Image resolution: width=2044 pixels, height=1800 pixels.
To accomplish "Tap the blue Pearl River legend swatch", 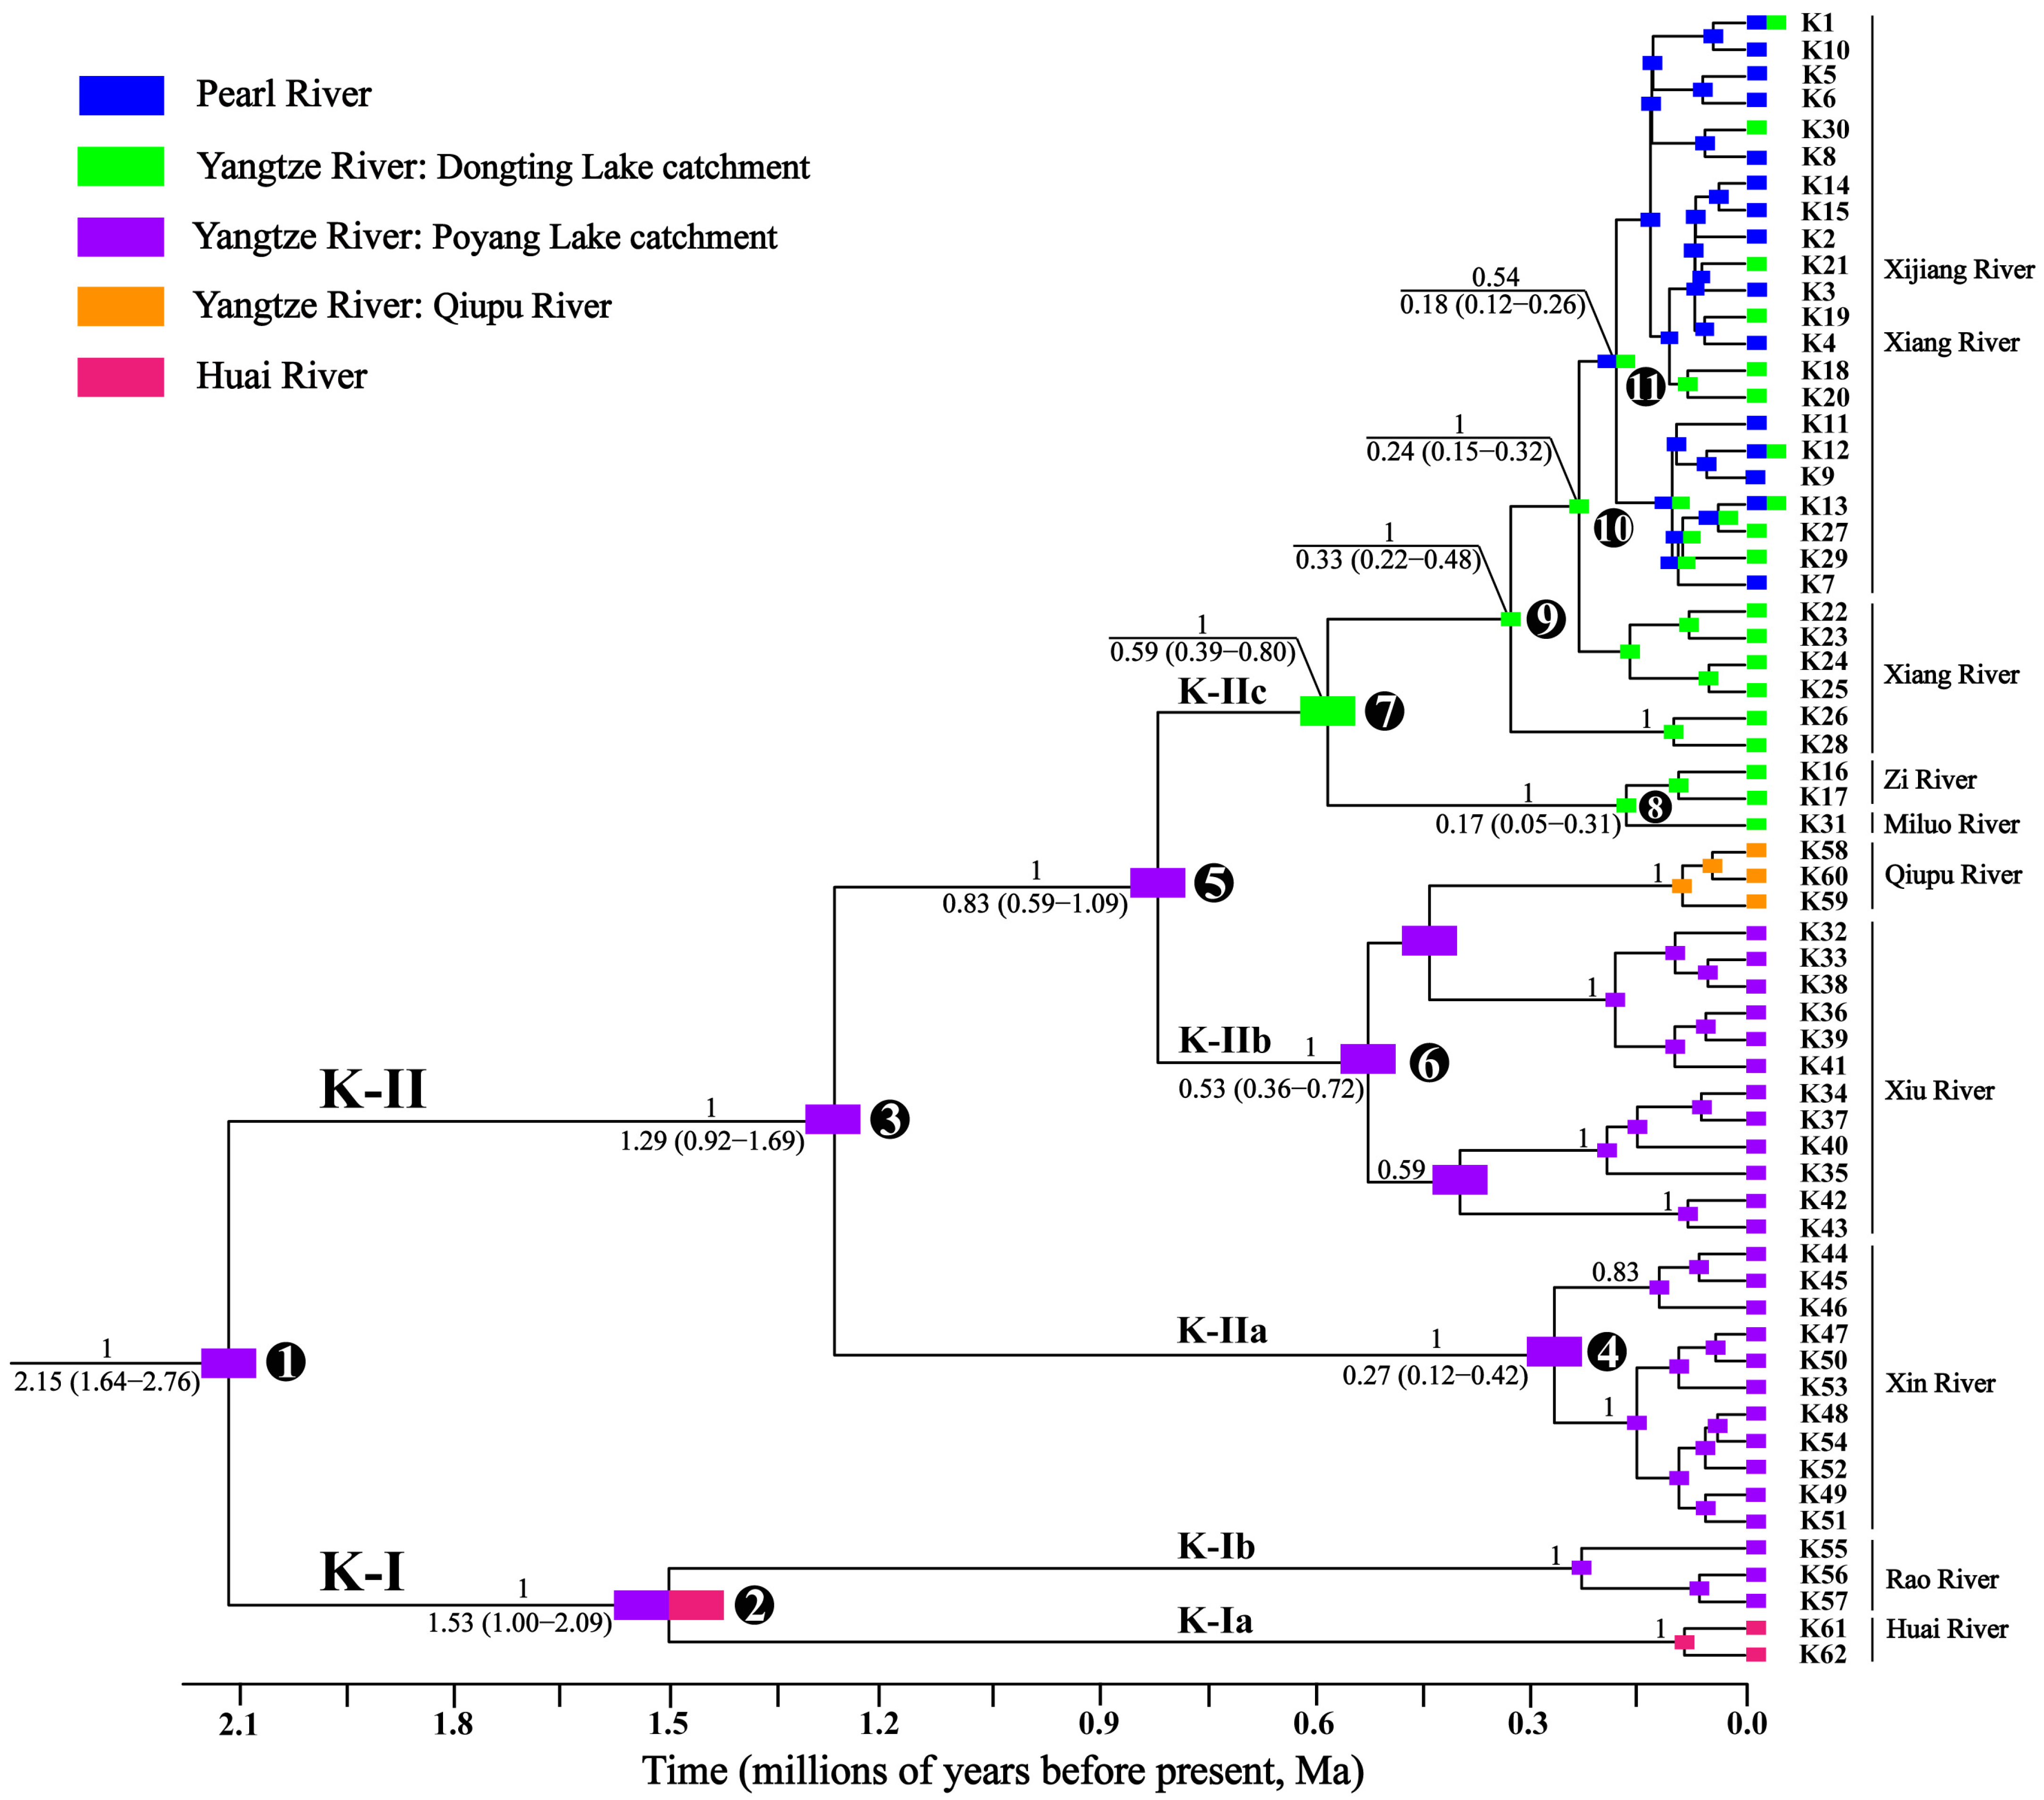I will (x=121, y=95).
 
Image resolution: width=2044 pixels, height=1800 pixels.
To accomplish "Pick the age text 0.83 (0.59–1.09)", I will (x=1034, y=904).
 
